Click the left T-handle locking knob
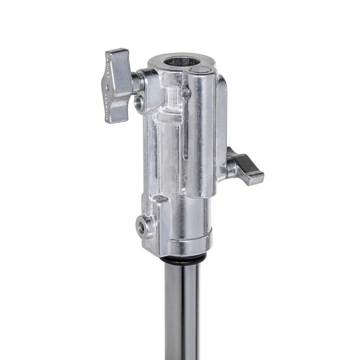coord(117,85)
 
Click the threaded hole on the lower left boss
coord(141,227)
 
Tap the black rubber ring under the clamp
coord(182,259)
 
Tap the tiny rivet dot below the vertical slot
coord(185,176)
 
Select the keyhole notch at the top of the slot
coord(185,90)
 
